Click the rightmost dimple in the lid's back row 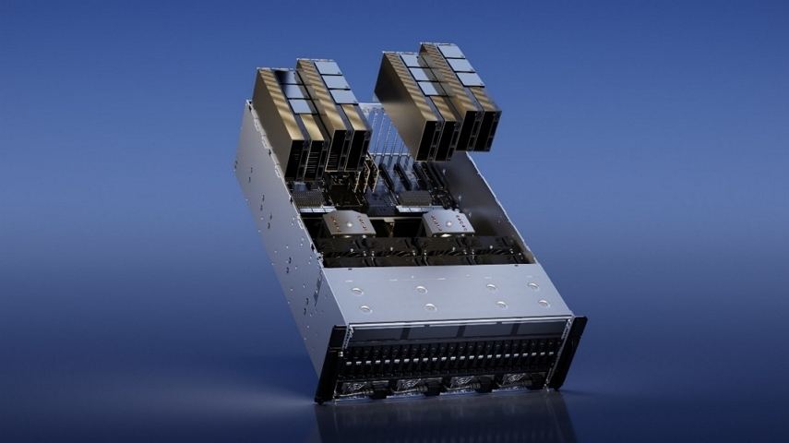click(532, 286)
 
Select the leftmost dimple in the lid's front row click(366, 309)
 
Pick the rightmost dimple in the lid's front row click(545, 303)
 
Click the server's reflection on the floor click(443, 420)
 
